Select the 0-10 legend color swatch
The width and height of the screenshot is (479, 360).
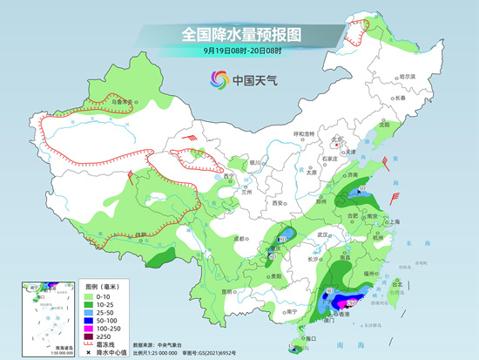coord(87,297)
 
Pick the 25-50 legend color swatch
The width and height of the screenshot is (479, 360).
coord(87,312)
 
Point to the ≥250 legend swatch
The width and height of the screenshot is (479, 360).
coord(87,335)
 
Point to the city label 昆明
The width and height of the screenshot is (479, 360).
coord(227,290)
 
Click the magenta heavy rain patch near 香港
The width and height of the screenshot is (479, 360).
coord(354,302)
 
